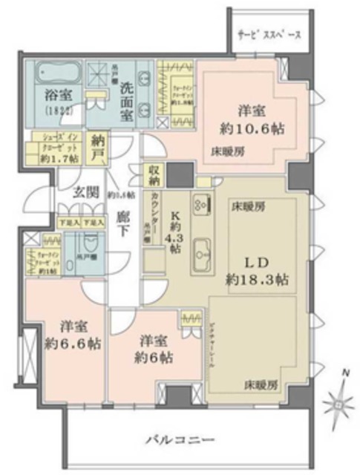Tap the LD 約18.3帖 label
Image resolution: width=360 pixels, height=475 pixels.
[x=258, y=272]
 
